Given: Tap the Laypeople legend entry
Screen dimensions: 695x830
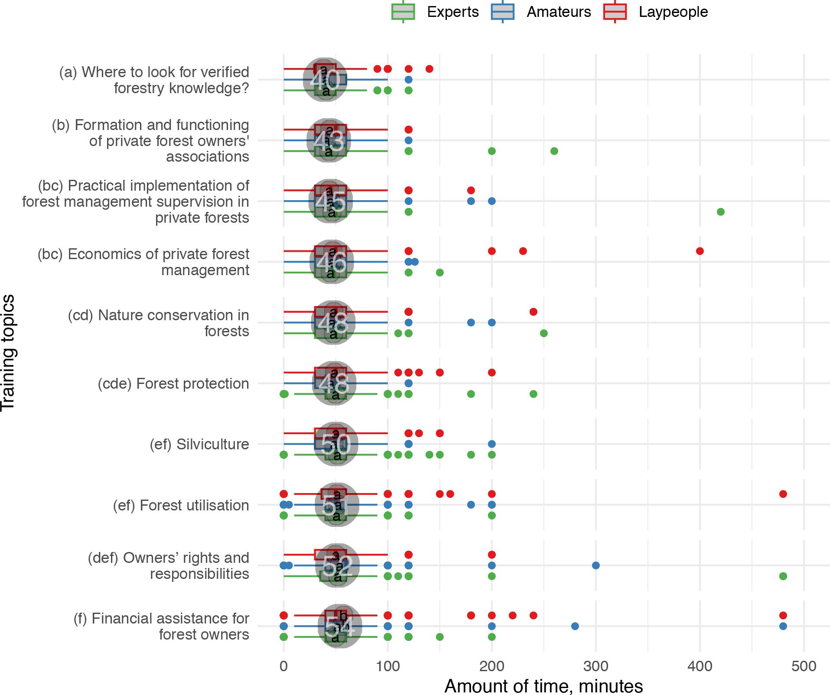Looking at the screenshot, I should (655, 12).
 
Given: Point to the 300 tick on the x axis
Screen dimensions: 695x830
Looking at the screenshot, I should (596, 666).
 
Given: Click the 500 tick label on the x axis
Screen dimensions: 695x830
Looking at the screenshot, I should (804, 666).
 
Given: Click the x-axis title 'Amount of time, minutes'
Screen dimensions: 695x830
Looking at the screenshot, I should (544, 686).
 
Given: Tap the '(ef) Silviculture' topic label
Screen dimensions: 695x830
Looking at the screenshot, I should (199, 444).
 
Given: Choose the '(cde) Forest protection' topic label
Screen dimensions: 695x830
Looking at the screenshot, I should (173, 383).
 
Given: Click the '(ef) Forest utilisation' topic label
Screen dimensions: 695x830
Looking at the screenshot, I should (181, 505).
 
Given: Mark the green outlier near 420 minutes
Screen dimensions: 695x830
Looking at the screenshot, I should (721, 212).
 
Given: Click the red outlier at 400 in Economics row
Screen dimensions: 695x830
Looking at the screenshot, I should (700, 251).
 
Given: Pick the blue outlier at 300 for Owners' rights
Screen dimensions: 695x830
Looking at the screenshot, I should (596, 565).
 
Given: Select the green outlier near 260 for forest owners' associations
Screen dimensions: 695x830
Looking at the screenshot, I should (554, 151).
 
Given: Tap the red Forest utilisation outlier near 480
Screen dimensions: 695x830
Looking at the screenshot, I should (783, 494).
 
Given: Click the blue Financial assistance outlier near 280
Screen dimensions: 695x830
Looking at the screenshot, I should (575, 626).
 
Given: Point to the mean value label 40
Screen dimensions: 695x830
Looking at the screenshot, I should (325, 80).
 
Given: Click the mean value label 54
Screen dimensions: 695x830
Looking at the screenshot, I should (340, 627).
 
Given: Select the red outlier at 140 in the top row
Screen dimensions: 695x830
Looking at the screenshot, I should (429, 69).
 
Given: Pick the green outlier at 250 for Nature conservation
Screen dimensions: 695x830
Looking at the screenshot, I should (544, 333).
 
